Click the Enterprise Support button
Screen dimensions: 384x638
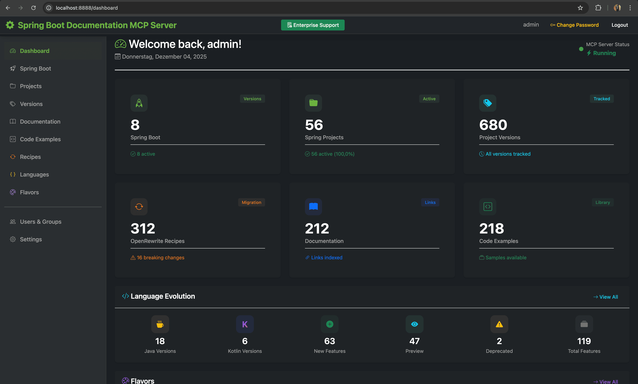313,25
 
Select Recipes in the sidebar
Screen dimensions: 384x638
30,157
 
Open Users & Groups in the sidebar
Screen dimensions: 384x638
41,222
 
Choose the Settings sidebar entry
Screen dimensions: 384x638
31,239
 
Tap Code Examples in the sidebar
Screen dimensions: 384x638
40,139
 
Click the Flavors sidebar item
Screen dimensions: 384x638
29,192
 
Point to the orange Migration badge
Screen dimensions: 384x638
251,202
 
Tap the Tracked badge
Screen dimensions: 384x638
602,99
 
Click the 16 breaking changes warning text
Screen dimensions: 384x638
160,258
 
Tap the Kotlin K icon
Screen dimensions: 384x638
245,324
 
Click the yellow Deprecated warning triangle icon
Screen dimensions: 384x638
499,324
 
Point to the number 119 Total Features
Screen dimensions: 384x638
584,341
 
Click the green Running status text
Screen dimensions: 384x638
604,53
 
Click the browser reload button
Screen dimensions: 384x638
33,8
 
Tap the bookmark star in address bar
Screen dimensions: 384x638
580,8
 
